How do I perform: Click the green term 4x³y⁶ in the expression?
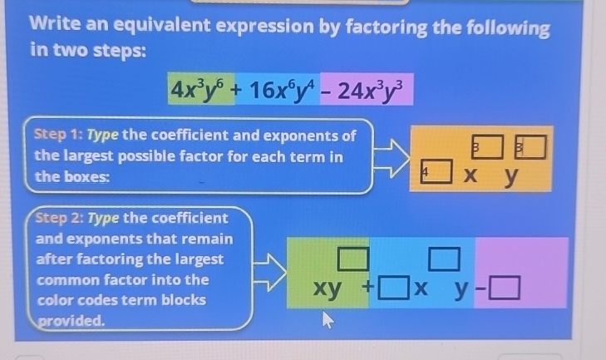point(198,86)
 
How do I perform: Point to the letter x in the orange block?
point(472,175)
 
